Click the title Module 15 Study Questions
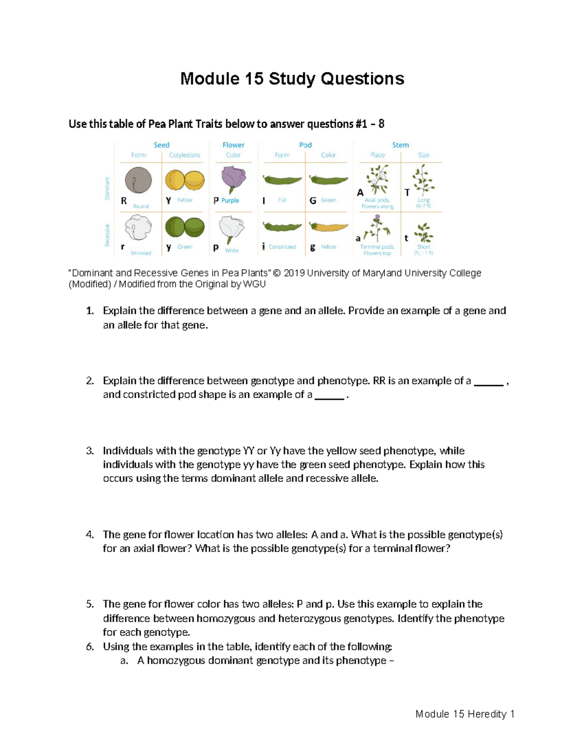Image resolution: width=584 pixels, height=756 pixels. point(292,79)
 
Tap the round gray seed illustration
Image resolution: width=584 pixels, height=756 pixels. point(138,181)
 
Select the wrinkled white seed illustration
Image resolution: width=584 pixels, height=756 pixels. point(138,227)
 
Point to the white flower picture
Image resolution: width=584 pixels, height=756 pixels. point(232,229)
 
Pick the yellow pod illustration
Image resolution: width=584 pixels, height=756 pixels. point(329,227)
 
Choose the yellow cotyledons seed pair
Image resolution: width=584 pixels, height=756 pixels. point(184,180)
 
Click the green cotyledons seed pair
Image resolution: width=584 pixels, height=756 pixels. point(184,227)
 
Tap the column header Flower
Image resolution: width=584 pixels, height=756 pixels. point(234,145)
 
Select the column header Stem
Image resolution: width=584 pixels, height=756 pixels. point(401,145)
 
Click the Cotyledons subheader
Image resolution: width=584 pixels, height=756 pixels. point(184,155)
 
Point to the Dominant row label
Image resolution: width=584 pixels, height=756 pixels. point(108,188)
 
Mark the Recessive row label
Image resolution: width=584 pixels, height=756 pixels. point(108,235)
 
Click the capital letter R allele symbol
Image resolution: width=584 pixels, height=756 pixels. point(124,201)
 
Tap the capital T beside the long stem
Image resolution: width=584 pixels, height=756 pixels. point(407,193)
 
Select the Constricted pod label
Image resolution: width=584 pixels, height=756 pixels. point(282,247)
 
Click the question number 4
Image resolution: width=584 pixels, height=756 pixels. point(90,535)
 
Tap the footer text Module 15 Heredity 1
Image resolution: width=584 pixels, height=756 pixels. point(465,714)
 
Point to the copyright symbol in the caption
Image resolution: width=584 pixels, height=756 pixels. point(277,273)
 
